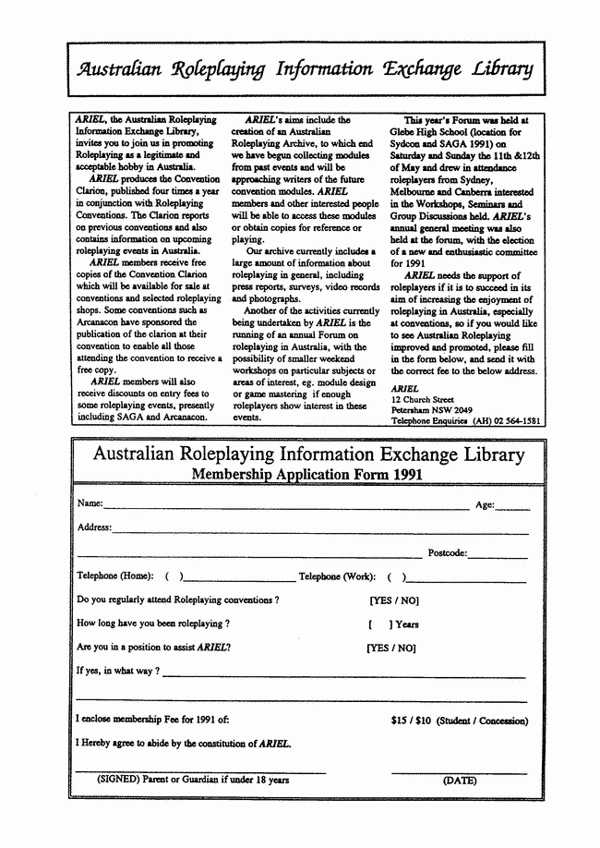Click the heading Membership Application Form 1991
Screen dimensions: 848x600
[306, 475]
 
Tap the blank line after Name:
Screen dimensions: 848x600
[286, 507]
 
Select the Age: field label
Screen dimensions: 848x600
[485, 504]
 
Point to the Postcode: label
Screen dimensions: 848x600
[448, 553]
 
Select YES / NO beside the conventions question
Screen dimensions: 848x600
[394, 600]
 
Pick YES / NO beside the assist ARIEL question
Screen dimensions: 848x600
[391, 648]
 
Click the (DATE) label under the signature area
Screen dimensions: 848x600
[460, 781]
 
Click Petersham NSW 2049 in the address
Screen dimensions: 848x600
[431, 409]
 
